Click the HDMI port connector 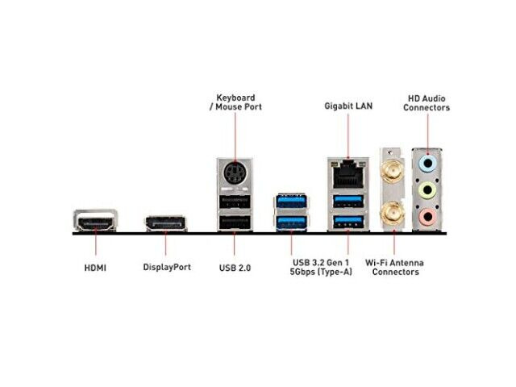point(95,220)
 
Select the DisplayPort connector point(166,223)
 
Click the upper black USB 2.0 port point(235,202)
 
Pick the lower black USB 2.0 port point(235,223)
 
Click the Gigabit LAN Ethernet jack point(348,173)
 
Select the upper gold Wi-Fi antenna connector point(392,173)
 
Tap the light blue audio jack point(427,163)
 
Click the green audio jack point(427,190)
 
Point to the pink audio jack point(427,216)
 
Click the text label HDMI point(95,268)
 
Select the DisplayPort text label point(167,267)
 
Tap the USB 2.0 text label point(235,268)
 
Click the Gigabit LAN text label point(348,106)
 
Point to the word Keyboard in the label point(235,98)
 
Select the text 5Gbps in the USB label point(302,272)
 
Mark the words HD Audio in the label point(427,98)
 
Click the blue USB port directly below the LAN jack point(348,202)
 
